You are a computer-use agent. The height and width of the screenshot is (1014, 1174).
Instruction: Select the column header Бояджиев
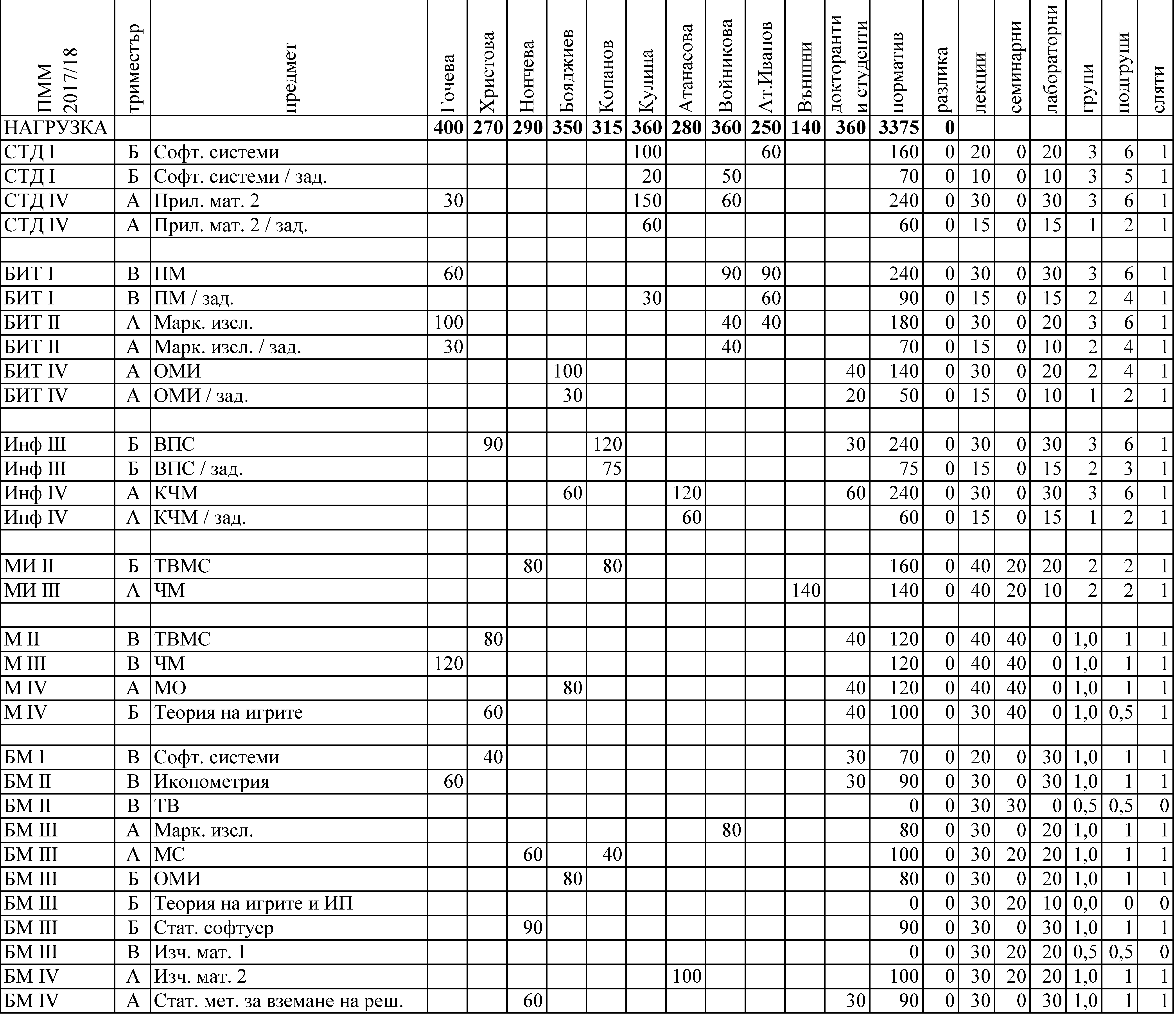(x=567, y=71)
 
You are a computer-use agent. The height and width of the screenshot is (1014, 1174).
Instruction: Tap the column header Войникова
(x=725, y=65)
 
